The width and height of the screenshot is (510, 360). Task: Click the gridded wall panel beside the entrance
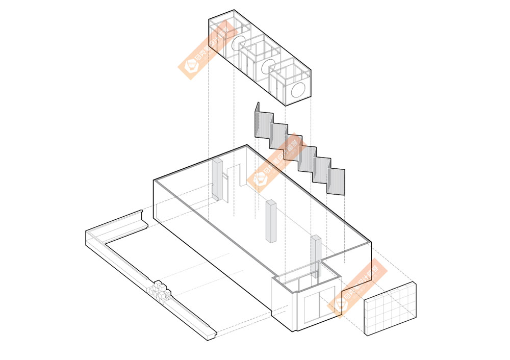tap(390, 308)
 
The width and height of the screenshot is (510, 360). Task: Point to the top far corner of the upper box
tap(234, 10)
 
